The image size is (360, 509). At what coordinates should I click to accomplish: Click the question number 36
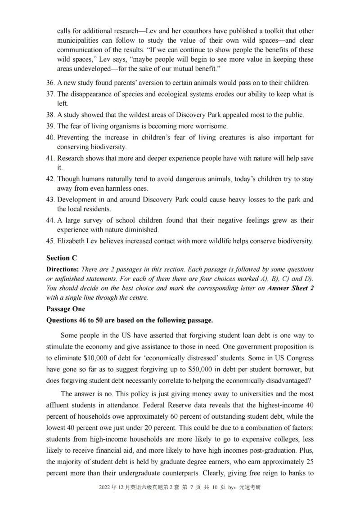click(x=50, y=83)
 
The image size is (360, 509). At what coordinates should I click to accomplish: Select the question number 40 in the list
click(x=50, y=137)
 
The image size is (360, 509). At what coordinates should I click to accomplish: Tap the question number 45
click(x=50, y=241)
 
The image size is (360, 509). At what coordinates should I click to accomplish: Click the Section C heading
click(x=62, y=258)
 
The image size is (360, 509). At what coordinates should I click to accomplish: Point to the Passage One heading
click(x=65, y=309)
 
